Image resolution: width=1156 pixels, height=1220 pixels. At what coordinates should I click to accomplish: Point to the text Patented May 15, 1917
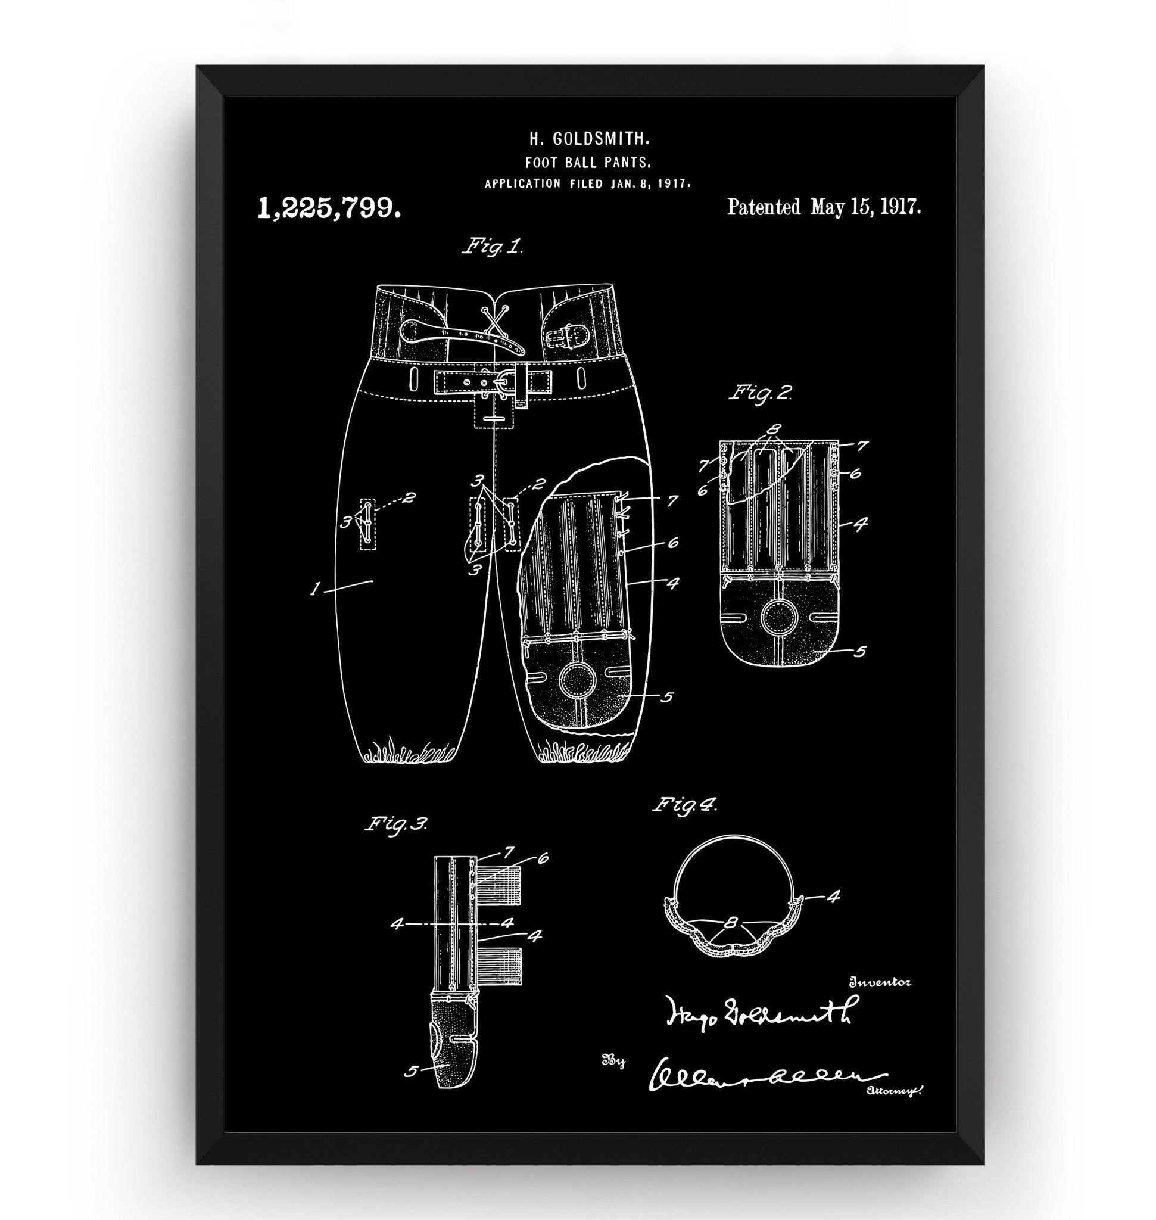point(824,207)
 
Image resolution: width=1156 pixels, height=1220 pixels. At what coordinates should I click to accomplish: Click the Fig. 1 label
point(493,248)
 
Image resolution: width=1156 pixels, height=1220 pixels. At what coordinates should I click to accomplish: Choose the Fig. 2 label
point(761,393)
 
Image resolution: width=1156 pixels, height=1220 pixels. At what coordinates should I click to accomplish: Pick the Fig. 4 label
point(684,805)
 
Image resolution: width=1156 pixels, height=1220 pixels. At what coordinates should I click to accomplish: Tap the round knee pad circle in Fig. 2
point(780,617)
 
